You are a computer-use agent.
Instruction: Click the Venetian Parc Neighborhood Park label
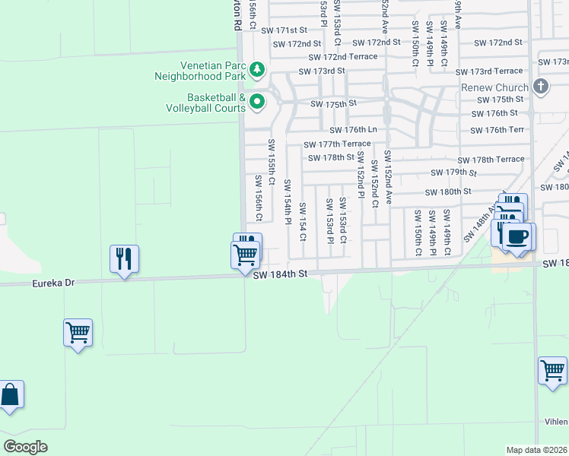click(201, 71)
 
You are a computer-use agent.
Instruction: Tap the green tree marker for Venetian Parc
click(257, 70)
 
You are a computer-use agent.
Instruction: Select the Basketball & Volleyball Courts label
click(205, 103)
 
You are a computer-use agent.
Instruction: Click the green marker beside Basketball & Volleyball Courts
click(257, 101)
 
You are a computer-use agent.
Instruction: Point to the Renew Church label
click(494, 87)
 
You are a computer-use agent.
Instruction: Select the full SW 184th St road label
click(281, 274)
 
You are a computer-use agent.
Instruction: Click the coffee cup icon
click(517, 236)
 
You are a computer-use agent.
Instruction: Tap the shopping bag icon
click(9, 395)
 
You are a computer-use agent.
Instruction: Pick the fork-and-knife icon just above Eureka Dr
click(123, 258)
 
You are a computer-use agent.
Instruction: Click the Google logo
click(26, 446)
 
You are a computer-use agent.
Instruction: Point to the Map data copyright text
click(537, 450)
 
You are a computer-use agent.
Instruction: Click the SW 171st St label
click(283, 30)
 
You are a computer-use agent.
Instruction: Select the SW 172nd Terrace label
click(342, 57)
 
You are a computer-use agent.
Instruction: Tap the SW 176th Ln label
click(353, 130)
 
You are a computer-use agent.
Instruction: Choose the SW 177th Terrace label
click(337, 144)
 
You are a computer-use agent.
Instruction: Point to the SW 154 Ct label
click(303, 222)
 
